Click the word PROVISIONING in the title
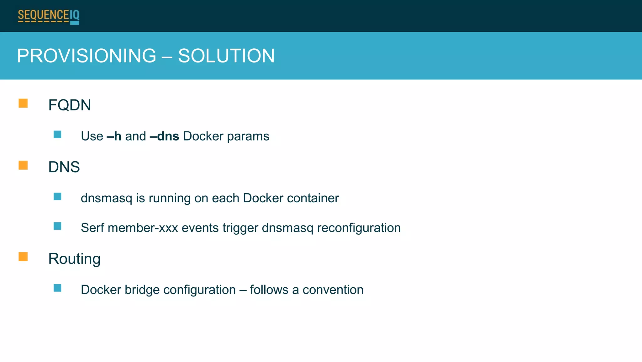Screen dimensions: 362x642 coord(87,56)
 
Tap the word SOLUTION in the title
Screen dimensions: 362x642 coord(226,56)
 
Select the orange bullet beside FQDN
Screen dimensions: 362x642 coord(23,103)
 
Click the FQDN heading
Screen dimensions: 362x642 coord(70,105)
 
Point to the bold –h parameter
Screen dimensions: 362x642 coord(114,136)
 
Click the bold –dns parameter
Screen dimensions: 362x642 coord(165,136)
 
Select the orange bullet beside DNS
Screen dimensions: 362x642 coord(23,165)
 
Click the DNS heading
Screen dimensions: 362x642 coord(64,167)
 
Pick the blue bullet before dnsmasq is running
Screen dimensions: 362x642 coord(57,197)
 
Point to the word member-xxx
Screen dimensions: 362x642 coord(143,228)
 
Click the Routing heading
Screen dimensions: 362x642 coord(74,259)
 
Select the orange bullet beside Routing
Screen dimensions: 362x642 coord(23,257)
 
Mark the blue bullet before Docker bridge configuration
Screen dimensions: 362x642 coord(57,288)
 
